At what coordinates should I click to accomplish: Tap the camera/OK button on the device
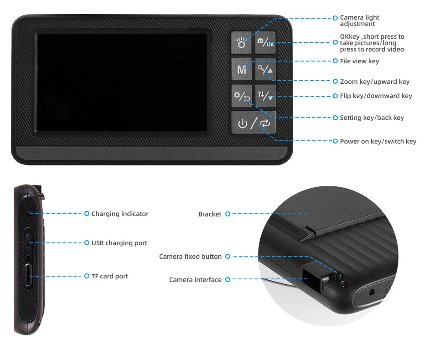[265, 42]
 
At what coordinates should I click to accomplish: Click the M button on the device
[241, 69]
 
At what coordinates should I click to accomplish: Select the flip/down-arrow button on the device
[265, 96]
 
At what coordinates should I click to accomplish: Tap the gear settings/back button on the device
[241, 96]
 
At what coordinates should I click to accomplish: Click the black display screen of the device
[122, 82]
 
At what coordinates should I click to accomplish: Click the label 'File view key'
[359, 61]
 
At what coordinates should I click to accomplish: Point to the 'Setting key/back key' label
[372, 118]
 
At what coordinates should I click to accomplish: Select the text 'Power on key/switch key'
[378, 141]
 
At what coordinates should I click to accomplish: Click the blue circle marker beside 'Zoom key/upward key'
[335, 81]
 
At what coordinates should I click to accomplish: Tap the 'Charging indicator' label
[120, 214]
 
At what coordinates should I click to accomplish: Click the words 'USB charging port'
[119, 243]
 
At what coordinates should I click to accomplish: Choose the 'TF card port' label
[109, 276]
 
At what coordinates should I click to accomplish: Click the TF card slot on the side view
[28, 275]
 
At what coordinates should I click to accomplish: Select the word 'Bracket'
[210, 214]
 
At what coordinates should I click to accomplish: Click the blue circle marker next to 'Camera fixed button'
[228, 256]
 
